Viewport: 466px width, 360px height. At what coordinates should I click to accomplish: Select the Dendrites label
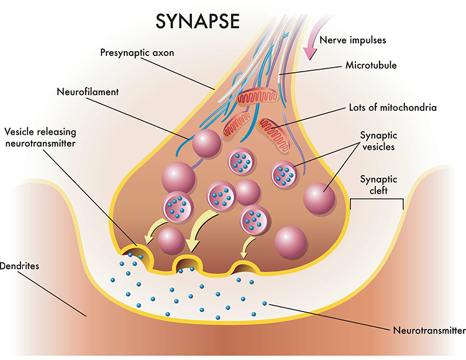(x=20, y=265)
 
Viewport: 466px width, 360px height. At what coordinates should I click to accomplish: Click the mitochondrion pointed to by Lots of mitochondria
(x=274, y=134)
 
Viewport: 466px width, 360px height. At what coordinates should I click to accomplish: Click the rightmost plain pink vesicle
(x=319, y=198)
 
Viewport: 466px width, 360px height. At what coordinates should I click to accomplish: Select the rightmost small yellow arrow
(x=248, y=247)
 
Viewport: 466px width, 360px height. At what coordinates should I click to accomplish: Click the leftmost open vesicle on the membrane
(x=137, y=254)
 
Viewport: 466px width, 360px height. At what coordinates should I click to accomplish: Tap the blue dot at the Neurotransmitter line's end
(x=265, y=304)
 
